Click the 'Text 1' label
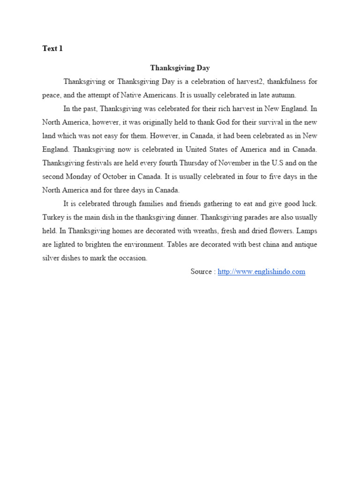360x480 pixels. (52, 49)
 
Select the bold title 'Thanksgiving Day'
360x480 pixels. (180, 68)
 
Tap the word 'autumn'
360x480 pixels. (283, 95)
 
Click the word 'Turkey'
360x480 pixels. (52, 217)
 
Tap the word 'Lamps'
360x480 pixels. (307, 231)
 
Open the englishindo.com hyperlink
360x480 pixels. (262, 272)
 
